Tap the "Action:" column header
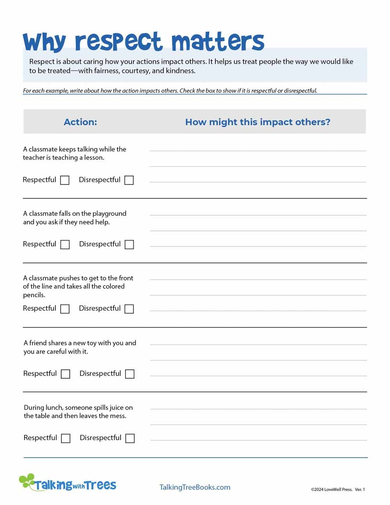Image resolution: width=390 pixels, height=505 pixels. point(80,122)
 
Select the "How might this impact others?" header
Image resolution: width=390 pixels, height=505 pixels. point(257,122)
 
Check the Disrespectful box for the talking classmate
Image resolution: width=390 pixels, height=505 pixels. point(129,180)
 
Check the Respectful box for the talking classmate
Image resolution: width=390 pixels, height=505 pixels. point(65,180)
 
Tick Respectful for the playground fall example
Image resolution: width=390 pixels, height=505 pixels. point(65,244)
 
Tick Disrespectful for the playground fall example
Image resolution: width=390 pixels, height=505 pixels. point(129,244)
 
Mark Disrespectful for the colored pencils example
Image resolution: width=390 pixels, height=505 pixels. point(129,309)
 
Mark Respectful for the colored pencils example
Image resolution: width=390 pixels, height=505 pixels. point(65,309)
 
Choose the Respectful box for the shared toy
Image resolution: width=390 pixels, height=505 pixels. point(66,374)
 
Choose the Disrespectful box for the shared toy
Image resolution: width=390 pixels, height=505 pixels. point(130,374)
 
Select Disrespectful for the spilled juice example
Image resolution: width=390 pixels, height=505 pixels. point(130,438)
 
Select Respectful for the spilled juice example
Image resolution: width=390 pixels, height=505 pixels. point(66,438)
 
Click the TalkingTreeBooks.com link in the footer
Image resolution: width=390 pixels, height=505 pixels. point(195,487)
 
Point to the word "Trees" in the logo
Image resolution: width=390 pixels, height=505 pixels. point(101,485)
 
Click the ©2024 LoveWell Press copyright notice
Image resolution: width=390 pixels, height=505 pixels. point(331,489)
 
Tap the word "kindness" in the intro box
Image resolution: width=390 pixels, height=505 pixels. point(180,71)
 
